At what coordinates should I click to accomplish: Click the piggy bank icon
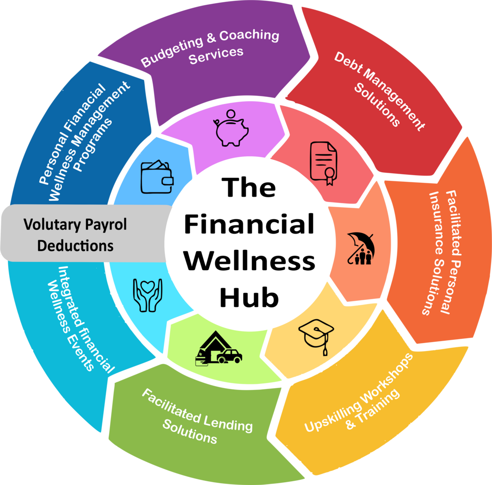(231, 128)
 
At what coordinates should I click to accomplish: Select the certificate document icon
(323, 163)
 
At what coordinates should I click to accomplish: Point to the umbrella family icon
(360, 248)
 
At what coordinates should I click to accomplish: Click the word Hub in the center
(249, 297)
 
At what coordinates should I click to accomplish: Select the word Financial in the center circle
(249, 224)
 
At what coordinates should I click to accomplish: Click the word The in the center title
(249, 187)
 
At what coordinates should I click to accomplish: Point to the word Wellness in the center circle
(250, 261)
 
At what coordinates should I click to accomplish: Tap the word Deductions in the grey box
(75, 246)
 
